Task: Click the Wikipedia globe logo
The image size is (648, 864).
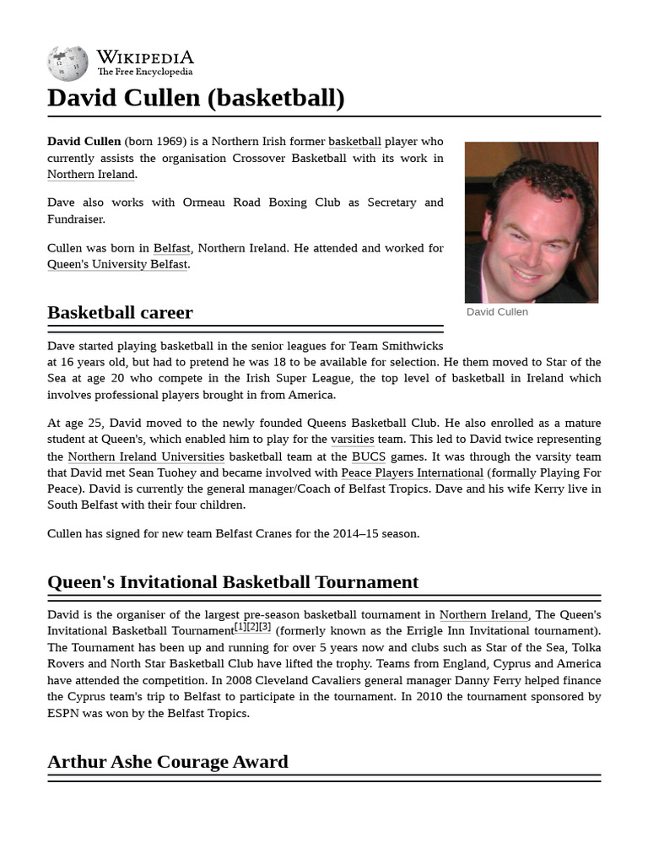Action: point(67,63)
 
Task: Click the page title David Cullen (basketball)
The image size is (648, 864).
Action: point(196,98)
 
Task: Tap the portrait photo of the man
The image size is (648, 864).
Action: point(531,222)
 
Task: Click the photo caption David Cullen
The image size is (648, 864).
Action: point(497,312)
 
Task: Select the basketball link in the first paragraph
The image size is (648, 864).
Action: point(354,142)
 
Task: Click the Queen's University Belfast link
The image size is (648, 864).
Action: point(117,264)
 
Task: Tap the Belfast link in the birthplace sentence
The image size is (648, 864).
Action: point(171,248)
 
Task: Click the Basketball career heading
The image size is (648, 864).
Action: point(120,312)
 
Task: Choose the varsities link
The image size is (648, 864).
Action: point(352,440)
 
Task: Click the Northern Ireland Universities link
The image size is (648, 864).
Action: point(146,456)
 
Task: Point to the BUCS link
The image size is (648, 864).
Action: point(369,456)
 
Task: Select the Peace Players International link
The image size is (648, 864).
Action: point(412,472)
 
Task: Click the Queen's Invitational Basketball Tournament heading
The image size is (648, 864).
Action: point(233,582)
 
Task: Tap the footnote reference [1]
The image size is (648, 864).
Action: point(240,627)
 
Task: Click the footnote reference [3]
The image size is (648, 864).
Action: point(265,627)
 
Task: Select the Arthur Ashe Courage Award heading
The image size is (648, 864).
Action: point(168,761)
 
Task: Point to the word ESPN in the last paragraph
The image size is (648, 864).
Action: point(65,713)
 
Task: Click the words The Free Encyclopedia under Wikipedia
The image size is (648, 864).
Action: point(144,73)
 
